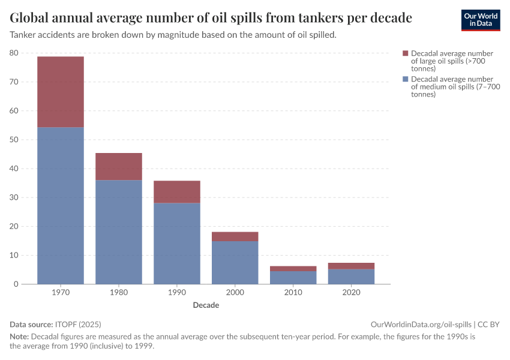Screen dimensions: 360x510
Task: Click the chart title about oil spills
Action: coord(211,18)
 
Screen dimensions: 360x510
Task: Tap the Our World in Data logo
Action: coord(480,20)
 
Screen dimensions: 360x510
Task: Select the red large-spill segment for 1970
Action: coord(61,92)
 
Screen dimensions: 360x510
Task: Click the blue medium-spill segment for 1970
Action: coord(61,205)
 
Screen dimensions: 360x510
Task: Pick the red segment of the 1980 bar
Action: coord(119,166)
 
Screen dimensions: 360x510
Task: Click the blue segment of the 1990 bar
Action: coord(177,243)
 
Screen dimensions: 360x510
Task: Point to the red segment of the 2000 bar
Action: coord(235,236)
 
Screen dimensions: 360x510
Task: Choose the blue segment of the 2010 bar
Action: coord(293,277)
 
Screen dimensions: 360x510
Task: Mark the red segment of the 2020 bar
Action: coord(352,266)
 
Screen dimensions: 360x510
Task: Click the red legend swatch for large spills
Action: coord(406,54)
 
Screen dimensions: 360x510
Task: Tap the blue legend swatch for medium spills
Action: coord(406,79)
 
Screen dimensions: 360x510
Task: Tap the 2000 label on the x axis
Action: coord(235,293)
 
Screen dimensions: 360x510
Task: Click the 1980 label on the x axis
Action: coord(119,293)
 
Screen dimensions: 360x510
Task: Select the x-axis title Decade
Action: coord(206,305)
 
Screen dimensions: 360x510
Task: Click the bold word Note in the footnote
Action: coord(19,336)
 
